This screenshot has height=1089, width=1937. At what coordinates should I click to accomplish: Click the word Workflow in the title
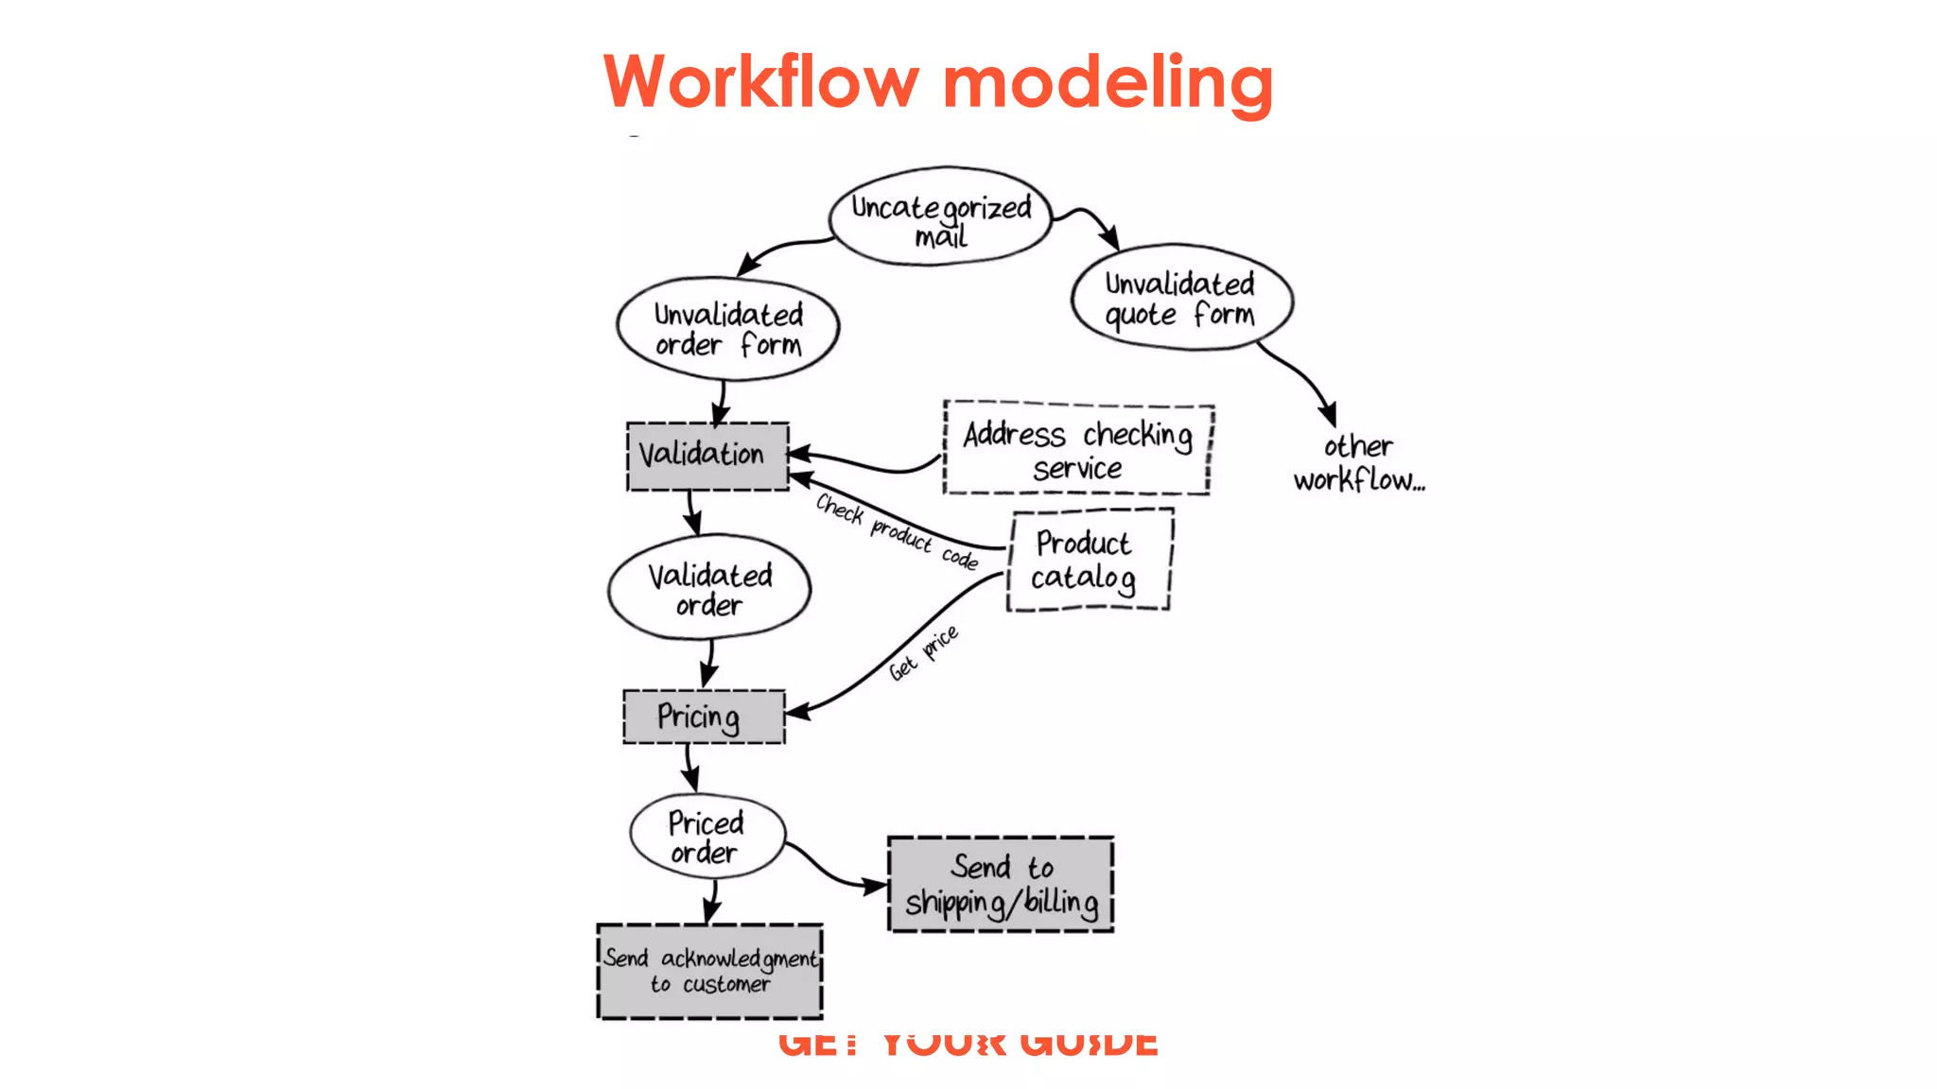[x=760, y=82]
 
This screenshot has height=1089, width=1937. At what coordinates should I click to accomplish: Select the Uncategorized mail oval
[x=940, y=217]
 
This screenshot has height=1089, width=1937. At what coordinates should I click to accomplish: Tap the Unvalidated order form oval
[x=727, y=329]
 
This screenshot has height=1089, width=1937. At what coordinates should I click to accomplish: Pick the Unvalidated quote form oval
[x=1181, y=298]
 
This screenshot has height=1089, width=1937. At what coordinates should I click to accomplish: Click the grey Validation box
[x=707, y=456]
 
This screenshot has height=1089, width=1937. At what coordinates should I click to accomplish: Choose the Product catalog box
[x=1089, y=560]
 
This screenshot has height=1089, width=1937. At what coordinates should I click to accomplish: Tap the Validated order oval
[x=709, y=589]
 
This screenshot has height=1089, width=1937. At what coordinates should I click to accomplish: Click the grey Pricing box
[x=703, y=717]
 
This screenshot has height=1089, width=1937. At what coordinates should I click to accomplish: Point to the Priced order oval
[x=707, y=837]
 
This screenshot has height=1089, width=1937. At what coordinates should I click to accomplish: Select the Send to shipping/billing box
[x=1000, y=884]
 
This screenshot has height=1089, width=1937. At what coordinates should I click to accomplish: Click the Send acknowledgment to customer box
[x=709, y=971]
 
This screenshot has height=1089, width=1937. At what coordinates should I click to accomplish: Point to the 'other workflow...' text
[x=1358, y=463]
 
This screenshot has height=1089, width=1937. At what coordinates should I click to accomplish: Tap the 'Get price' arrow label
[x=923, y=652]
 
